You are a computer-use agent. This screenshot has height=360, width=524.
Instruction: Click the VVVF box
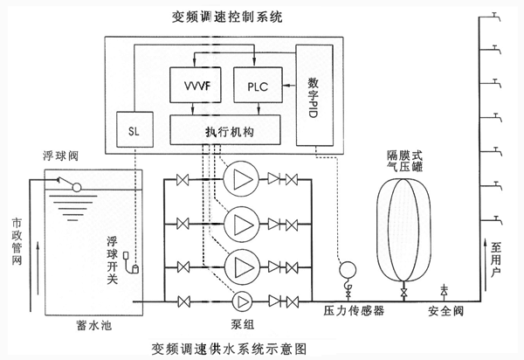pos(196,87)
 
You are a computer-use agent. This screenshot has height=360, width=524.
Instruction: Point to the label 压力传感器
pos(355,311)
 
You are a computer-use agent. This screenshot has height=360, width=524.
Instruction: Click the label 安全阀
pos(445,311)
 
